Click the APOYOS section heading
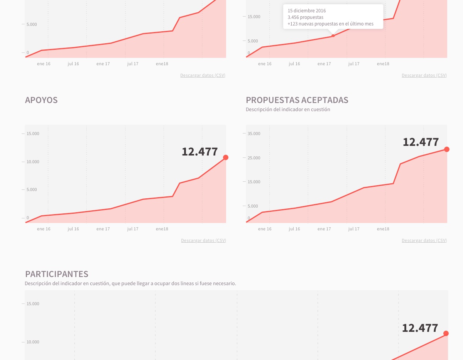coord(41,100)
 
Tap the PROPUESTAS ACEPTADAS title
coord(297,100)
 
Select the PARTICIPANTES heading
coord(57,274)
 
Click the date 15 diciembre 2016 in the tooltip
coord(307,11)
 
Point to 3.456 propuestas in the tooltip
coord(306,17)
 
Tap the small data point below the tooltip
coord(333,36)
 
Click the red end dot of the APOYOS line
coord(226,157)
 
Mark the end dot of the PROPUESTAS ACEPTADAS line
coord(447,149)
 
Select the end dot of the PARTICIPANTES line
coord(446,333)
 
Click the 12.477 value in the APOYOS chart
coord(200,152)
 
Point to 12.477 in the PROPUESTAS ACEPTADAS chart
coord(421,142)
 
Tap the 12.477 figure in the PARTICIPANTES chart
coord(420,328)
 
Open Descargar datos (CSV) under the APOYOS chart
coord(203,240)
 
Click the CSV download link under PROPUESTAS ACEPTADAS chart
coord(424,240)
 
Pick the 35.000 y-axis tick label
coord(254,134)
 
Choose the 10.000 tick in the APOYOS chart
coord(33,162)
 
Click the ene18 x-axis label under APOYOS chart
coord(162,229)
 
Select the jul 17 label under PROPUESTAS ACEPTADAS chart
coord(354,229)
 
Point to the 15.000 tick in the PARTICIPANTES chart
coord(33,304)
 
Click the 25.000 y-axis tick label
coord(254,158)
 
